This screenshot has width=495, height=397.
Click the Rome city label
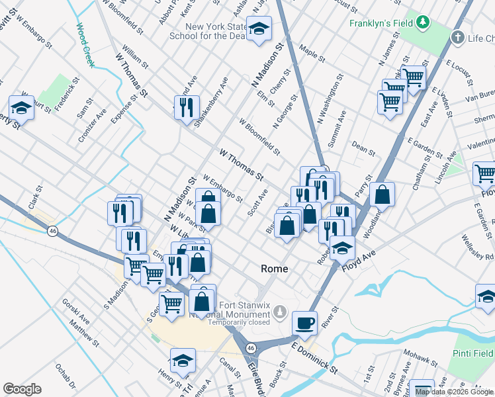point(275,269)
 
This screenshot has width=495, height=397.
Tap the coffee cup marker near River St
point(304,323)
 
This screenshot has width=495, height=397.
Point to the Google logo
point(22,389)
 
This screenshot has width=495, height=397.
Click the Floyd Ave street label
point(358,259)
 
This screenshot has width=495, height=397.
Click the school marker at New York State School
point(259,29)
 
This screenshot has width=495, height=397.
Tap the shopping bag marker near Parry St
point(382,194)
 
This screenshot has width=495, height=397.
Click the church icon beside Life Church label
point(458,38)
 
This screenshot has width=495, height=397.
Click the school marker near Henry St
point(182,361)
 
